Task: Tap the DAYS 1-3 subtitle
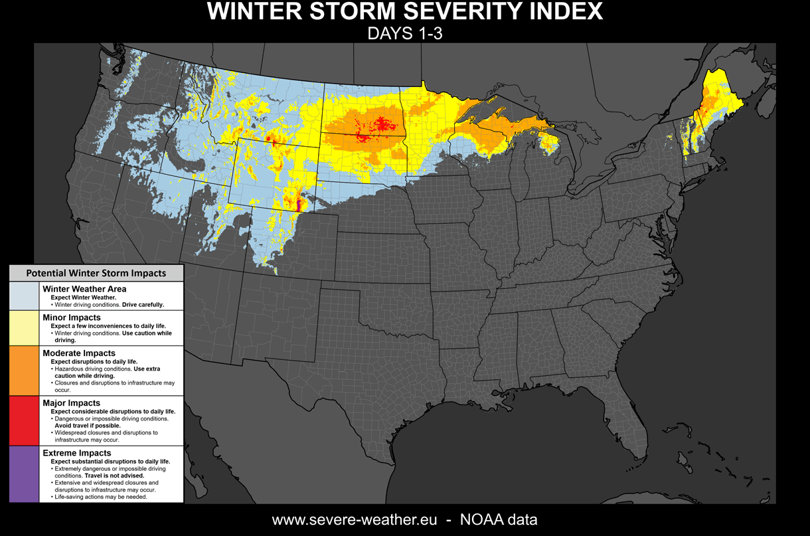click(404, 33)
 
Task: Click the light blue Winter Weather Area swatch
click(25, 296)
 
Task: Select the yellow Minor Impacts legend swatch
click(25, 328)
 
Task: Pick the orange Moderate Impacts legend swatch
click(25, 371)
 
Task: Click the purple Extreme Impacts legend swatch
click(25, 474)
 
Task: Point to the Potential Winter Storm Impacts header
click(96, 273)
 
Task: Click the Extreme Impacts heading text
click(76, 453)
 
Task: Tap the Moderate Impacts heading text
click(79, 353)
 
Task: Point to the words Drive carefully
click(143, 305)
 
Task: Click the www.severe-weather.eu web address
click(355, 519)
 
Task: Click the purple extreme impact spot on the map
click(297, 203)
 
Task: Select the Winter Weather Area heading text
click(84, 289)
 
